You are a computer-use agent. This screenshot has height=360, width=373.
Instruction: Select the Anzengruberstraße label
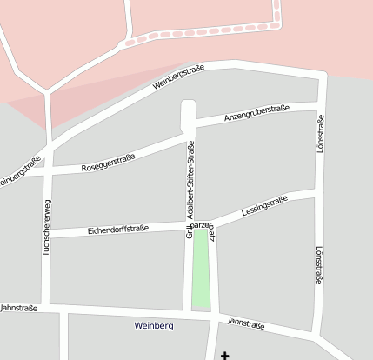(256, 112)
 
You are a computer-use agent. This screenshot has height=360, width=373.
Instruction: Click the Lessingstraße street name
(265, 206)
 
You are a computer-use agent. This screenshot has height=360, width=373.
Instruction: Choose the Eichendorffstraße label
(118, 230)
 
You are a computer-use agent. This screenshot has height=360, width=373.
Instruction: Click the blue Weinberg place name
(155, 325)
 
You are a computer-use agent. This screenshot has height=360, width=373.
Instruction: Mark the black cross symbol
(226, 355)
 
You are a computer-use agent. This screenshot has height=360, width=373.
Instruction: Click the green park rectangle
(201, 270)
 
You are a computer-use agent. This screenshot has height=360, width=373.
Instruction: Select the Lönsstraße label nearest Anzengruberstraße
(320, 135)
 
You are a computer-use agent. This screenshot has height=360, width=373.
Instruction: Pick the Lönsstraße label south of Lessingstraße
(319, 263)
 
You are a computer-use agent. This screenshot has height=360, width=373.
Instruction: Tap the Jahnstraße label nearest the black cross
(246, 323)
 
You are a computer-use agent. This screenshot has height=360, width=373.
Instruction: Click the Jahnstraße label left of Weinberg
(19, 307)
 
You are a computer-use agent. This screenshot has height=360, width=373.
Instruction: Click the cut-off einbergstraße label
(19, 170)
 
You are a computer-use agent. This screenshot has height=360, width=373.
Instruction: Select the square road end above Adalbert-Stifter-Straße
(188, 113)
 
